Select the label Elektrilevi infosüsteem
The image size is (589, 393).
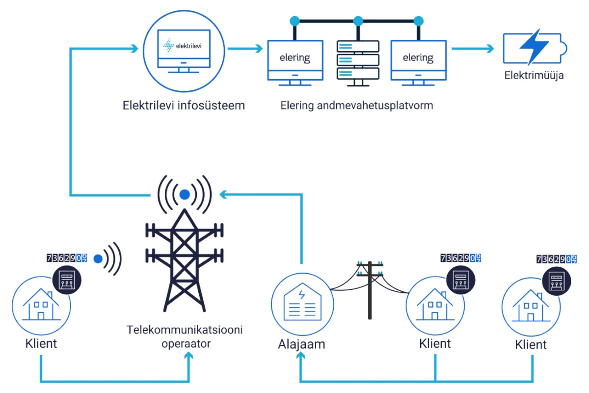point(184,105)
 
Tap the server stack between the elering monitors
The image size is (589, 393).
point(358,61)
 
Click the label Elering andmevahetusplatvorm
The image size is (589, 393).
point(357,105)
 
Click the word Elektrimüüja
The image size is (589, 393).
point(534,76)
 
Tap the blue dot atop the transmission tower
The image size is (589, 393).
point(185,195)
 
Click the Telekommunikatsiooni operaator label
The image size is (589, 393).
point(185,336)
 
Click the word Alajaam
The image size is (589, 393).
point(301,344)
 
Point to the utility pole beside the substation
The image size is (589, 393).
point(371,290)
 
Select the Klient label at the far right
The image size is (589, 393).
point(531,344)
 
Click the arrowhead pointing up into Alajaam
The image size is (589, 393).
point(301,361)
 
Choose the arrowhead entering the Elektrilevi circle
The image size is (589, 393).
point(135,48)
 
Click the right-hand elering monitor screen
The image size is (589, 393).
point(418,57)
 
